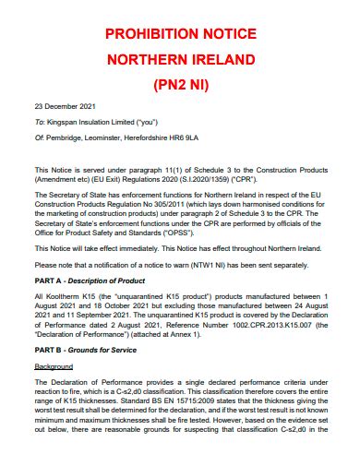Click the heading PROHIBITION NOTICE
180,34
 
